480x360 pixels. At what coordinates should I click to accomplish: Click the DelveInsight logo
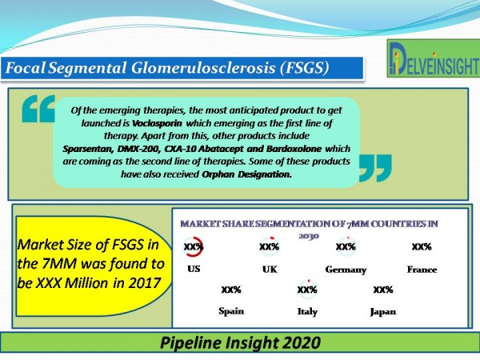(x=433, y=58)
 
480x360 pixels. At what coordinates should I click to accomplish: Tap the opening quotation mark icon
(x=38, y=109)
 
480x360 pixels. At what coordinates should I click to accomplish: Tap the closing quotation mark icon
(x=375, y=168)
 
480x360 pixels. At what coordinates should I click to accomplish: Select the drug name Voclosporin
(x=157, y=123)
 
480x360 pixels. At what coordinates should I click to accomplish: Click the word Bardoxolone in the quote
(x=294, y=149)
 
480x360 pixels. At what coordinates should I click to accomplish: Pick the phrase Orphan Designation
(x=246, y=174)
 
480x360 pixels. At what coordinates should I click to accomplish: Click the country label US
(x=194, y=269)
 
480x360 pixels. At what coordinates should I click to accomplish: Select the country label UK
(x=270, y=270)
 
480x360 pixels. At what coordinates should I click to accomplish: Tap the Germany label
(x=346, y=270)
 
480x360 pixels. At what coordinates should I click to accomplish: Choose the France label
(x=422, y=270)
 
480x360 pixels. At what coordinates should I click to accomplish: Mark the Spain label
(x=231, y=311)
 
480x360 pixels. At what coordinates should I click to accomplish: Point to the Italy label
(x=307, y=312)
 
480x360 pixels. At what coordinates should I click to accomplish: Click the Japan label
(x=383, y=312)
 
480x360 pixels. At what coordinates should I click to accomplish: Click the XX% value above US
(x=194, y=246)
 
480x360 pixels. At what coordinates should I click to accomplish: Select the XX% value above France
(x=422, y=246)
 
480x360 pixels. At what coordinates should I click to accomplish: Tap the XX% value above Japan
(x=383, y=290)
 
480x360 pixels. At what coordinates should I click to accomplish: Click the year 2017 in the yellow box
(x=144, y=283)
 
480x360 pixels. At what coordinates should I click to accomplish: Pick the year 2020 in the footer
(x=302, y=342)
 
